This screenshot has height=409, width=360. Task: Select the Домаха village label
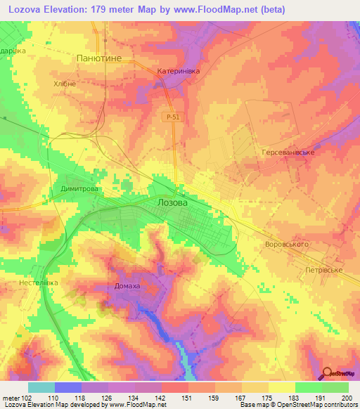point(127,286)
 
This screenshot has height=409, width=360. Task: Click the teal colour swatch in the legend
point(41,387)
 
